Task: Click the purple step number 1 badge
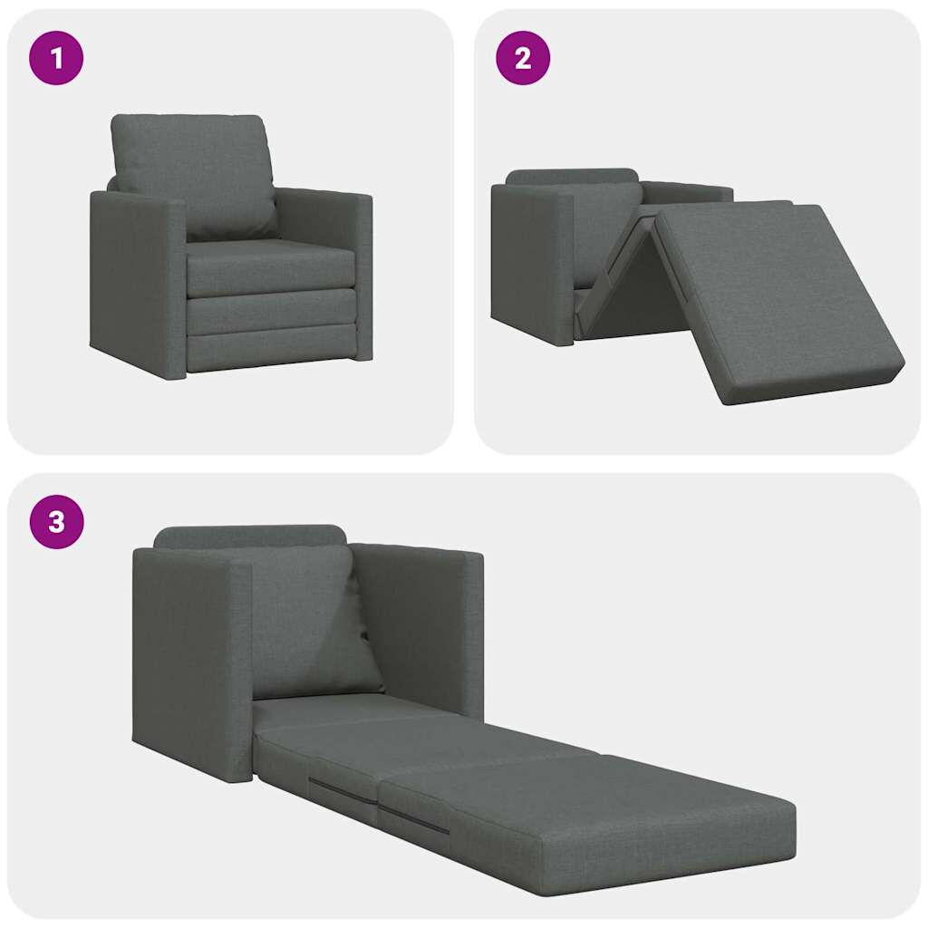(56, 59)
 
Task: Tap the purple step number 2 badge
(523, 59)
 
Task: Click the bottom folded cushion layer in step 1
(270, 349)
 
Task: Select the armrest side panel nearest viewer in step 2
(530, 263)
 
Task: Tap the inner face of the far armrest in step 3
(412, 625)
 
